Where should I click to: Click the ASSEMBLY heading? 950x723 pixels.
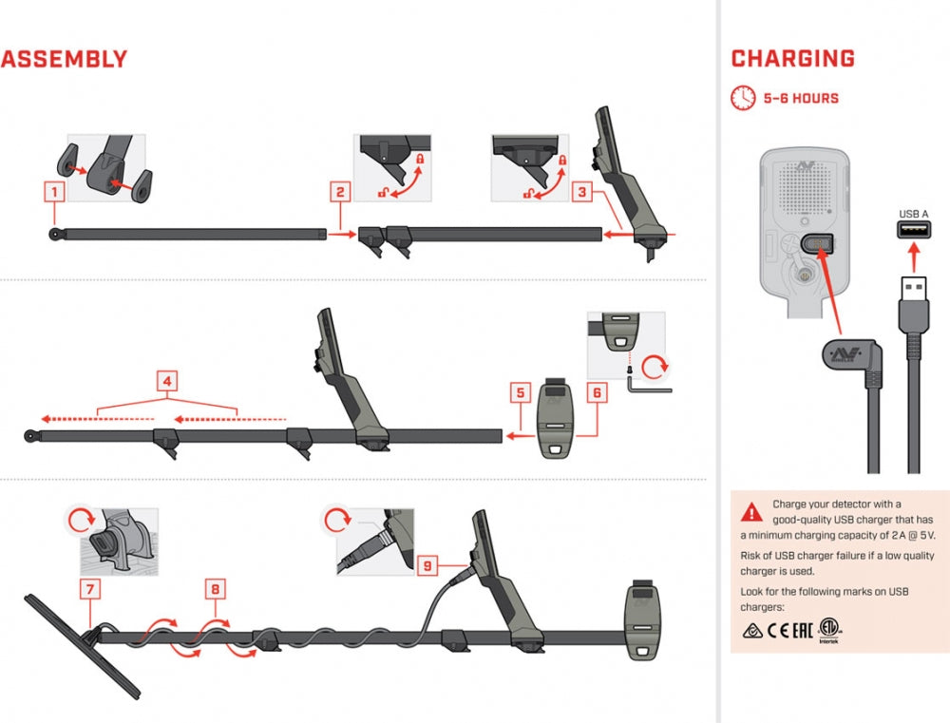pyautogui.click(x=64, y=59)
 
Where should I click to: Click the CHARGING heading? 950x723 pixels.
pyautogui.click(x=792, y=59)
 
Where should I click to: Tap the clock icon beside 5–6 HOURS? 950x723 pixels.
pyautogui.click(x=743, y=98)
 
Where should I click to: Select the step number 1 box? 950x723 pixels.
pyautogui.click(x=56, y=192)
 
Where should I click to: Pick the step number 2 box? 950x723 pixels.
pyautogui.click(x=339, y=192)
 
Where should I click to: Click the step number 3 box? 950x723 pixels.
pyautogui.click(x=585, y=192)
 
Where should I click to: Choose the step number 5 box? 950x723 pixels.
pyautogui.click(x=519, y=390)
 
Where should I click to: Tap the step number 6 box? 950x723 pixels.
pyautogui.click(x=596, y=390)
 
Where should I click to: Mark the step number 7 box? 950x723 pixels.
pyautogui.click(x=90, y=590)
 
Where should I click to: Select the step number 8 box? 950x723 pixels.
pyautogui.click(x=216, y=590)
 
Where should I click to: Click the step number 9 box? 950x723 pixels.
pyautogui.click(x=427, y=566)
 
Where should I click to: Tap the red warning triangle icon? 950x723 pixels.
pyautogui.click(x=751, y=512)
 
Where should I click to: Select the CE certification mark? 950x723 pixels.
pyautogui.click(x=778, y=629)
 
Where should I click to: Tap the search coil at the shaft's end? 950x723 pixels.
pyautogui.click(x=80, y=647)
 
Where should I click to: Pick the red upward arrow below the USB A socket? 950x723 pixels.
pyautogui.click(x=913, y=257)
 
